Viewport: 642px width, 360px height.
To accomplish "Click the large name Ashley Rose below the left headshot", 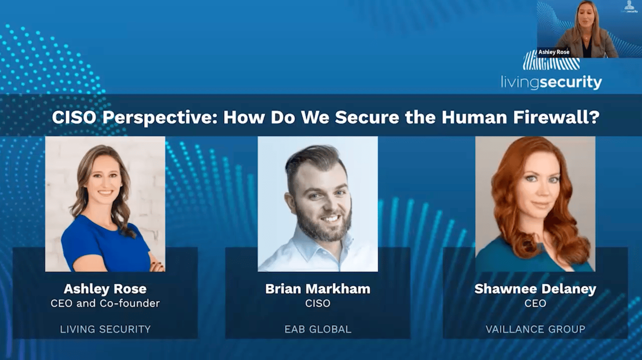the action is click(x=105, y=289).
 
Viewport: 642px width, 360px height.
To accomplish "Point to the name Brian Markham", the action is click(x=317, y=289).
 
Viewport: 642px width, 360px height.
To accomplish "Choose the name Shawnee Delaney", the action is click(x=535, y=289).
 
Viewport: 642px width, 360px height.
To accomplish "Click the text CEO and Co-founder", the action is click(x=105, y=303).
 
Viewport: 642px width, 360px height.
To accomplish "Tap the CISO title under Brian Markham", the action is click(x=317, y=303).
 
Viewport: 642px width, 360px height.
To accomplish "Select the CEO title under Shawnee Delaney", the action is click(x=535, y=303).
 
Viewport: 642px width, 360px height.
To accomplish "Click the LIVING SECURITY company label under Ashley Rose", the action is click(x=105, y=329).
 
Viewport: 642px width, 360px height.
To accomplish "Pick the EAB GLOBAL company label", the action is click(x=317, y=329).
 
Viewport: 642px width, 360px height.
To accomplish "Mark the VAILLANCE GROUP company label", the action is click(x=535, y=329).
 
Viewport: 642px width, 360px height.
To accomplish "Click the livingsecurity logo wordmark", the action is click(x=552, y=82).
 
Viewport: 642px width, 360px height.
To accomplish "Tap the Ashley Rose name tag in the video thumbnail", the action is click(x=554, y=52).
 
